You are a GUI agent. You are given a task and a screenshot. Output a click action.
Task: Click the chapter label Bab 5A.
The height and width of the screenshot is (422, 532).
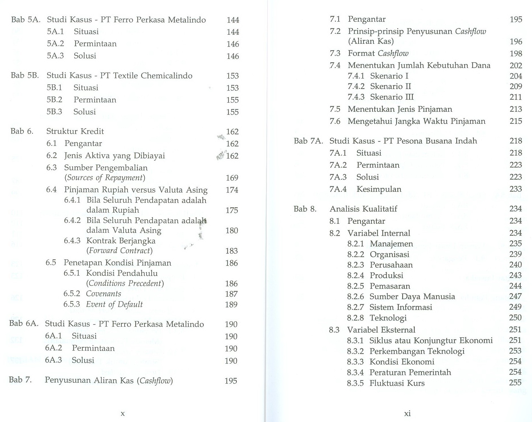[x=25, y=20]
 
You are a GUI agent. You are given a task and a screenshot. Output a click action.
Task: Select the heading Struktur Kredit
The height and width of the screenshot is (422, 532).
[x=75, y=131]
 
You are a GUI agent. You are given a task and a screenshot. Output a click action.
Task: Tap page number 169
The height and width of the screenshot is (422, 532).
[x=232, y=178]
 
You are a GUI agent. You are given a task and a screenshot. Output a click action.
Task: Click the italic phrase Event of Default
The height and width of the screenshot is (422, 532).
[x=114, y=305]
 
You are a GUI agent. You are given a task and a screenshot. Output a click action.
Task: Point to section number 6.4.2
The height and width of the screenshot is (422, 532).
[x=72, y=220]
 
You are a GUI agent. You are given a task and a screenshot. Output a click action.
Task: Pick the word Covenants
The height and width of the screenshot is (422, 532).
[x=104, y=294]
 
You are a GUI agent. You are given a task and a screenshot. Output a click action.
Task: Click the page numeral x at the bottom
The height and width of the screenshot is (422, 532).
[x=123, y=413]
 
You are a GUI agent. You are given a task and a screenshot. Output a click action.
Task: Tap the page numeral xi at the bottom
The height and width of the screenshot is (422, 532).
[x=407, y=413]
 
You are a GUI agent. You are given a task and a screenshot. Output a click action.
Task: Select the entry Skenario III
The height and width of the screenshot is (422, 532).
[x=392, y=97]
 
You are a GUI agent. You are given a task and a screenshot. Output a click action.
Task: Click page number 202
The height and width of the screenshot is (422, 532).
[x=516, y=66]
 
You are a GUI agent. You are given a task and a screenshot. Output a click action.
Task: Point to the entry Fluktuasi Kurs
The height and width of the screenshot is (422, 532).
[x=397, y=383]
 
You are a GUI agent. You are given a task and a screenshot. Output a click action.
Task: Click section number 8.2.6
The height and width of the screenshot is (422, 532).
[x=355, y=297]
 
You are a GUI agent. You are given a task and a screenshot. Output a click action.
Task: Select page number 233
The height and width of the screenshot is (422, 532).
[x=516, y=189]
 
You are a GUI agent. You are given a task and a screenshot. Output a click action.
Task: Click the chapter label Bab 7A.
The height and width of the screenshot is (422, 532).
[x=308, y=141]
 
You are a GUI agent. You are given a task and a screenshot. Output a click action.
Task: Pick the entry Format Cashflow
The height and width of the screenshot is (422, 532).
[x=378, y=53]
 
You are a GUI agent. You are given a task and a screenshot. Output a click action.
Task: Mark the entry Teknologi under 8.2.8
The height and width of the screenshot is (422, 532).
[x=388, y=318]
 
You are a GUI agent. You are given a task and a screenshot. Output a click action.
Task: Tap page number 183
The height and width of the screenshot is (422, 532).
[x=231, y=251]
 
